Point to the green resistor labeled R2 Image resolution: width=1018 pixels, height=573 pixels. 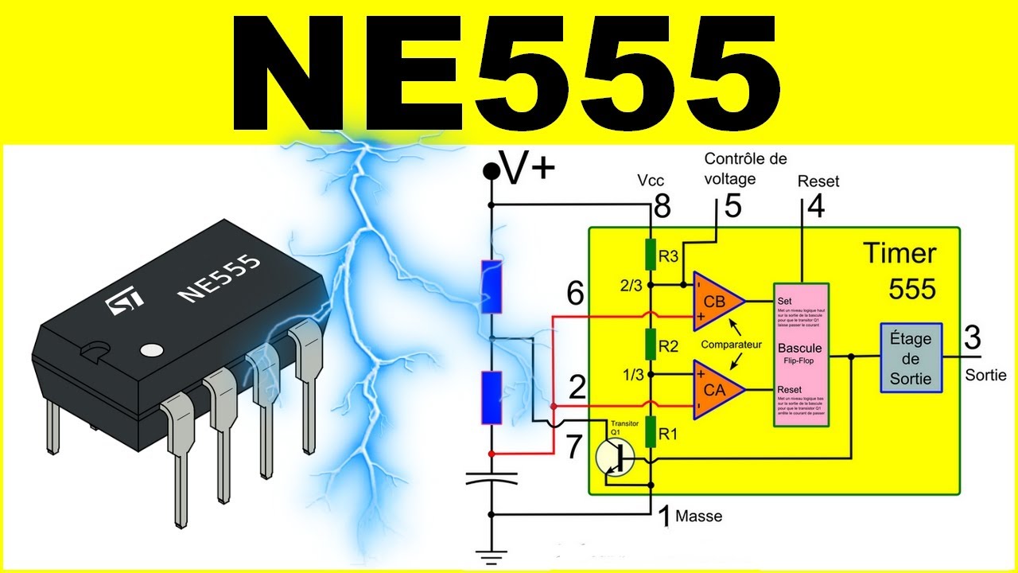(x=651, y=346)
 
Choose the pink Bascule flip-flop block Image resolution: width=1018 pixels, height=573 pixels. (x=801, y=354)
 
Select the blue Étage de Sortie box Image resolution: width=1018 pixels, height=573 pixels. (x=911, y=358)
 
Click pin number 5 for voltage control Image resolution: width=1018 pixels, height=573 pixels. (x=732, y=206)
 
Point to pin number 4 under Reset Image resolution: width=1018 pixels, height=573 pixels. (x=815, y=206)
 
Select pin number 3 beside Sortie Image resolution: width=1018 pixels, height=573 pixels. (x=972, y=337)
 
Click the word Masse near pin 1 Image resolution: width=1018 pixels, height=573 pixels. (x=698, y=516)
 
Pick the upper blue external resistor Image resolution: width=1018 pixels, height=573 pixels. (x=492, y=286)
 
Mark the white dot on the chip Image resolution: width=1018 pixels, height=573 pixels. (x=150, y=349)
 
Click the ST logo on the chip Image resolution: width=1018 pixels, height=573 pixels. (x=126, y=301)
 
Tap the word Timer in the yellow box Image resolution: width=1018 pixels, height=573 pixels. (x=900, y=253)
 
